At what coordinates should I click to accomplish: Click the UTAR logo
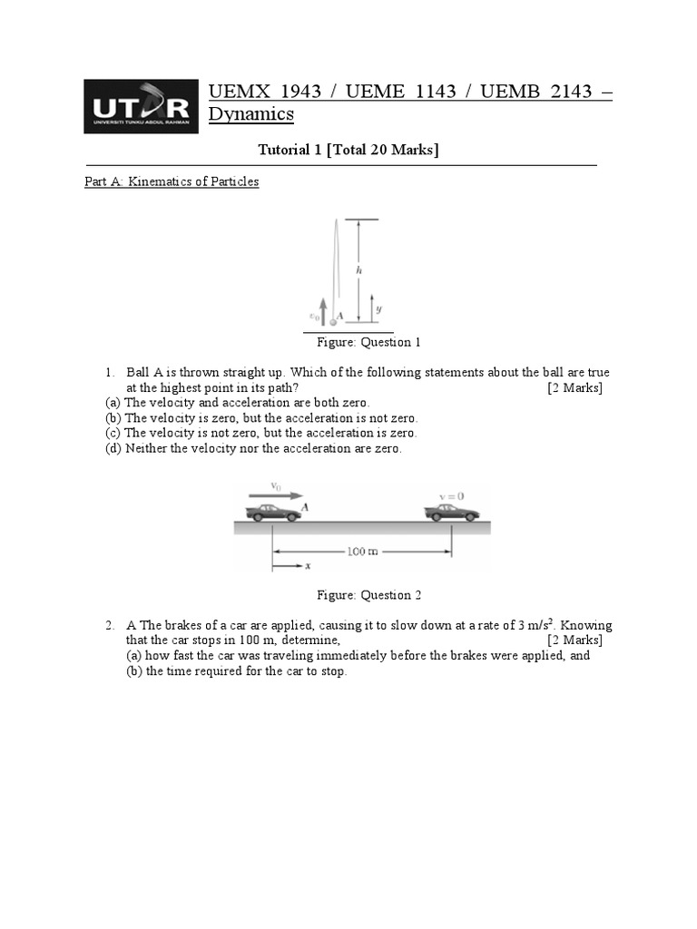141,107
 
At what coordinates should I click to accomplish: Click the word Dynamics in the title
251,114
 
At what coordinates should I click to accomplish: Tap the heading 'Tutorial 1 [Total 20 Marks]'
336,150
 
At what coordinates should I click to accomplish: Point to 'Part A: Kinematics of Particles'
172,181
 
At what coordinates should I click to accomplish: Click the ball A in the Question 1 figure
333,321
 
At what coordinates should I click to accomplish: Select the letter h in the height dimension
359,269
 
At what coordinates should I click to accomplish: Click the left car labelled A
273,513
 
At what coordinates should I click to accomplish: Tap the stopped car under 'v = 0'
452,513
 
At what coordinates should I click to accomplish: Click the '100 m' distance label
362,551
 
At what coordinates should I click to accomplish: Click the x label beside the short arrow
308,566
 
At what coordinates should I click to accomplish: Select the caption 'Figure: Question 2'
368,595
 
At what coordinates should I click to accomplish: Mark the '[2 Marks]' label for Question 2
574,641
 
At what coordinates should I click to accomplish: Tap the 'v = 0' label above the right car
451,496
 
